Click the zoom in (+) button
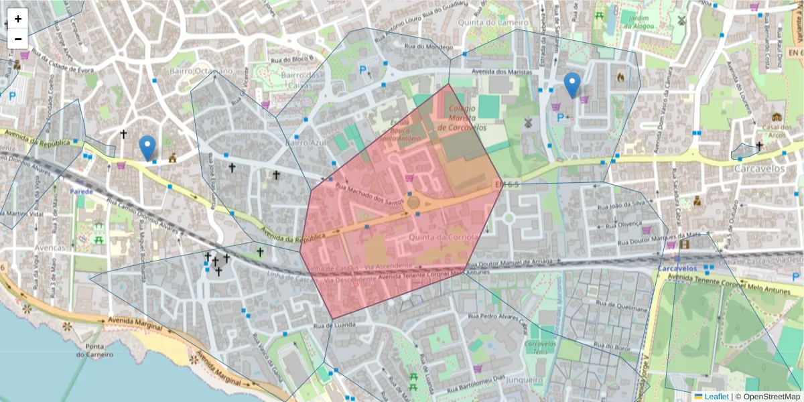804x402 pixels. coord(18,19)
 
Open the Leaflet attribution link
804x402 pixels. coord(716,396)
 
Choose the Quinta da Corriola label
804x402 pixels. coord(443,237)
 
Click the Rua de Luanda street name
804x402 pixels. coord(332,326)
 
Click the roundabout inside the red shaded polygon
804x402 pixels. coord(413,202)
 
